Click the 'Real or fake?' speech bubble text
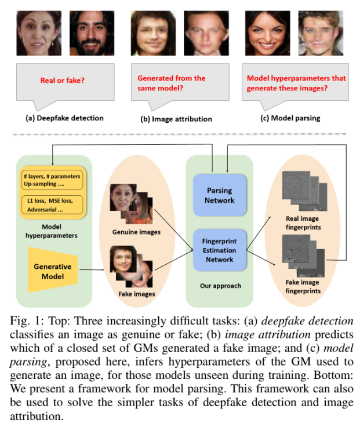coord(63,81)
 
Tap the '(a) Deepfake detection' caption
coord(64,118)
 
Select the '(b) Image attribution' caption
coord(176,119)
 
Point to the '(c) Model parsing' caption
coord(290,118)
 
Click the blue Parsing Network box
coord(220,195)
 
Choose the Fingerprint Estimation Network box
coord(219,250)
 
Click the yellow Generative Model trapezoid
coord(53,270)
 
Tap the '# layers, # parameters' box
coord(52,180)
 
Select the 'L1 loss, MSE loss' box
coord(52,205)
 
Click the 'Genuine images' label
coord(136,232)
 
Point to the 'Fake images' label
coord(137,294)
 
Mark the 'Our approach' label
coord(220,286)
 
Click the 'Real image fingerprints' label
coord(303,222)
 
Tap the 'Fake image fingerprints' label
coord(303,286)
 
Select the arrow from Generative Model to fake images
coord(92,270)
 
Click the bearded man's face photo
coord(92,33)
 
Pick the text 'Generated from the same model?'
coord(171,83)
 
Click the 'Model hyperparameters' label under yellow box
coord(52,231)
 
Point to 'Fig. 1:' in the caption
coord(27,321)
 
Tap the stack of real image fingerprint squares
coord(304,191)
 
